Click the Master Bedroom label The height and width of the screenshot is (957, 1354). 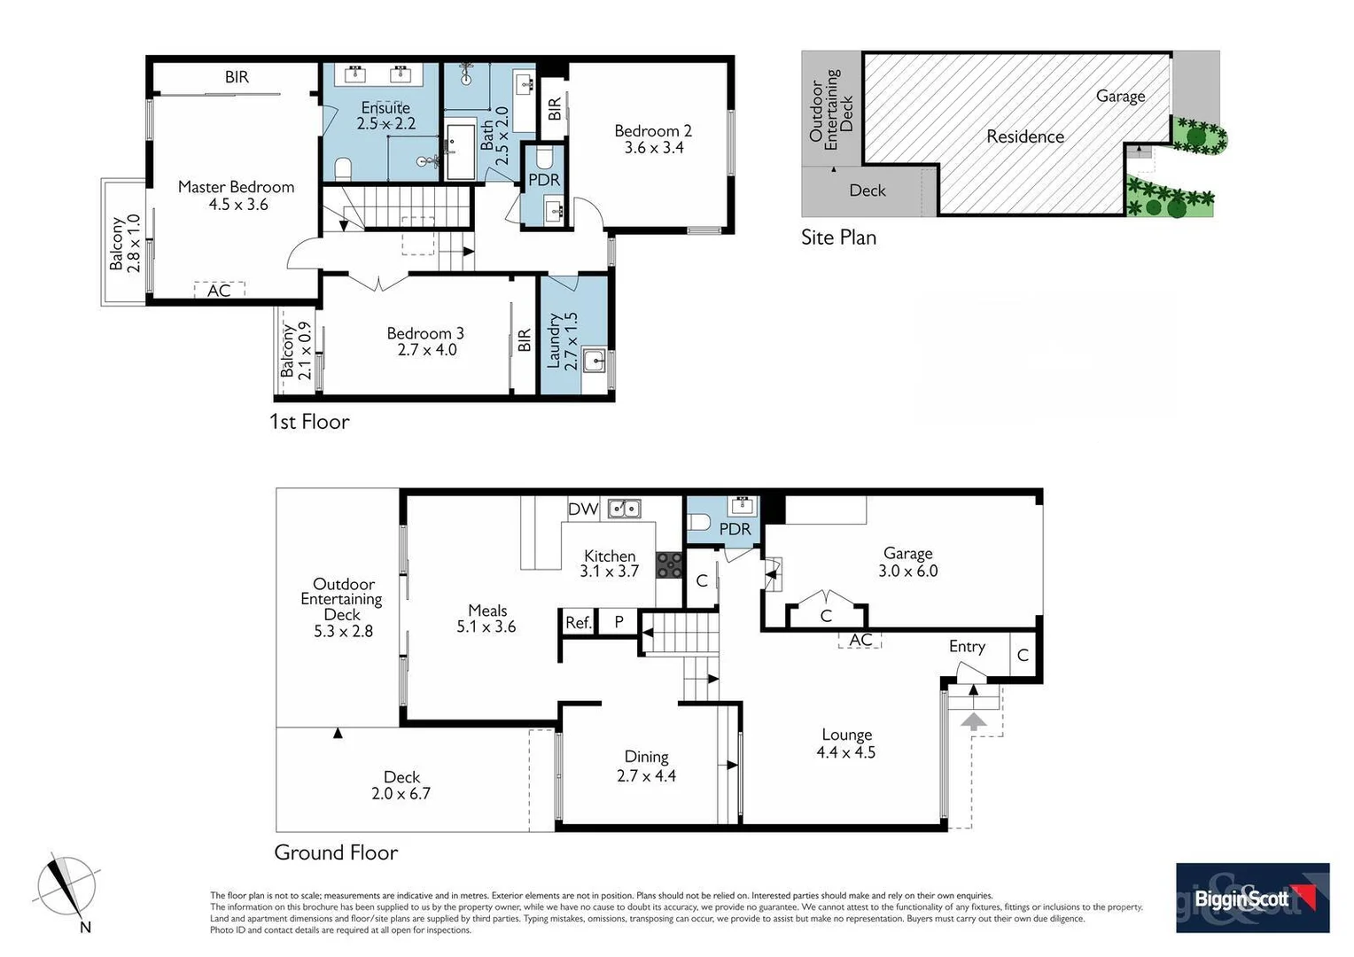click(236, 187)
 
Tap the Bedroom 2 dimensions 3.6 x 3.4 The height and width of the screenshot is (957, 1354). click(653, 148)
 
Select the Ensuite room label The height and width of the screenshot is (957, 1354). click(385, 108)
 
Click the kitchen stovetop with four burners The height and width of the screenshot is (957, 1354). click(669, 564)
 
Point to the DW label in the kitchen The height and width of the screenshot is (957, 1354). click(583, 510)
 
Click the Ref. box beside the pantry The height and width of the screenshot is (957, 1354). click(578, 623)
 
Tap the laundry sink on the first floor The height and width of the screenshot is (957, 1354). click(593, 361)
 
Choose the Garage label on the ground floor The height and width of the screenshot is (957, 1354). click(907, 554)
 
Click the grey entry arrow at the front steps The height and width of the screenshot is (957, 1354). click(974, 720)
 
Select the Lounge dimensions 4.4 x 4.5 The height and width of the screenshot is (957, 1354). click(845, 752)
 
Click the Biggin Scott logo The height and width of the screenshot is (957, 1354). click(1252, 898)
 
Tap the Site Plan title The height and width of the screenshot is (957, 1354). click(838, 237)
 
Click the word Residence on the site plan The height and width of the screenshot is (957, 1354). click(1025, 136)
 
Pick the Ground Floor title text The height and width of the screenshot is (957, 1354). click(336, 852)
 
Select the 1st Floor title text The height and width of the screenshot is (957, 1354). click(309, 422)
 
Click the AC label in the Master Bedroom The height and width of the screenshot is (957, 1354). click(219, 291)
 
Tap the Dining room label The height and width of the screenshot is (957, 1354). click(646, 757)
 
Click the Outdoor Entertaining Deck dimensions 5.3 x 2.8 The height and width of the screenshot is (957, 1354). click(343, 632)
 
